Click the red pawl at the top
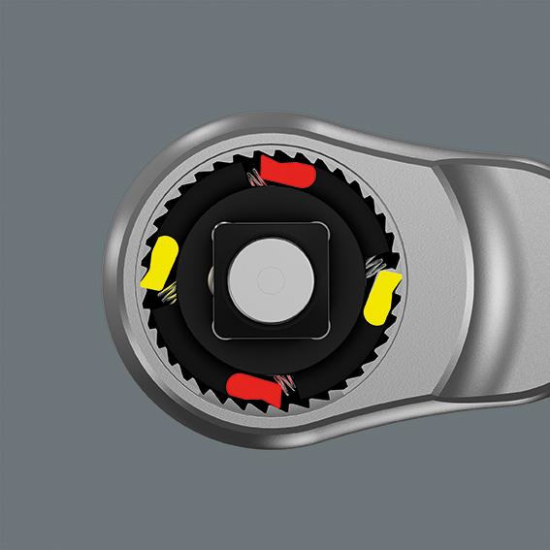[288, 176]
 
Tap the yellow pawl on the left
[159, 265]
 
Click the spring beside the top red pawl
[255, 178]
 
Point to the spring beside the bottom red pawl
[285, 384]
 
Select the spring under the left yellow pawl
[166, 296]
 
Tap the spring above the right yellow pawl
[377, 264]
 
